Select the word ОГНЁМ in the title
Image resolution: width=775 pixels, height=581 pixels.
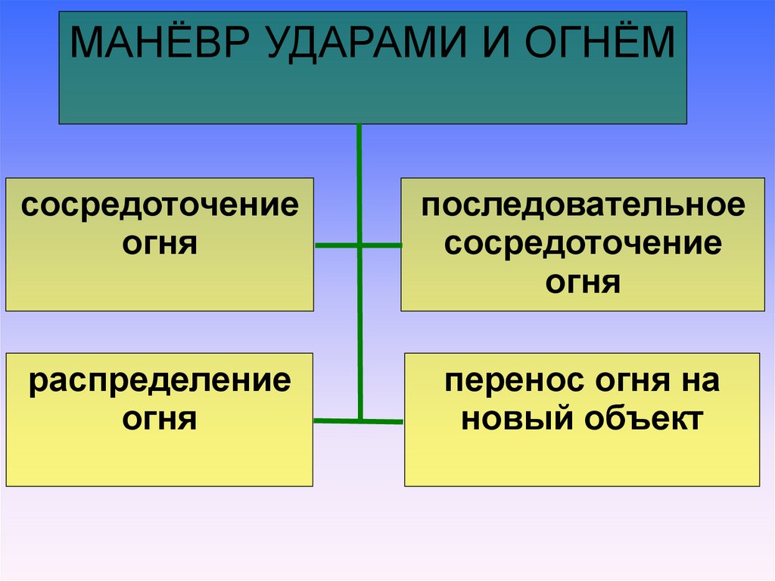pyautogui.click(x=599, y=43)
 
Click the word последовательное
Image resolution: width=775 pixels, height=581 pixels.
pyautogui.click(x=583, y=206)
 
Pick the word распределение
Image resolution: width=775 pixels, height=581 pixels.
pyautogui.click(x=160, y=380)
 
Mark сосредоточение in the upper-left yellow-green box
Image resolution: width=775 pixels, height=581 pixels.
pyautogui.click(x=160, y=206)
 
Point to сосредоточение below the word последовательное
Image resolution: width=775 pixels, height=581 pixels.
pyautogui.click(x=583, y=244)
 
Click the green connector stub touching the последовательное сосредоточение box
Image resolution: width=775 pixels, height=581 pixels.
pyautogui.click(x=381, y=245)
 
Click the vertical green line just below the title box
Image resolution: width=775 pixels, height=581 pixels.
pyautogui.click(x=359, y=151)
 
